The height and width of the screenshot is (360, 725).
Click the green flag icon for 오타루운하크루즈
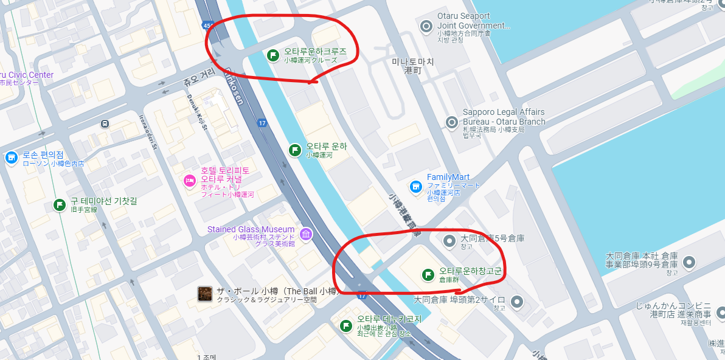click(273, 55)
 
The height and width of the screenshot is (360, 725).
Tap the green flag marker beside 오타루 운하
click(295, 150)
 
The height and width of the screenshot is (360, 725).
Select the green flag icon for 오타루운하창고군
click(428, 274)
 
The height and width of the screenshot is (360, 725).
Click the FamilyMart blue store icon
click(416, 185)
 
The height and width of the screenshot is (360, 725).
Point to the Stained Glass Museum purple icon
click(306, 234)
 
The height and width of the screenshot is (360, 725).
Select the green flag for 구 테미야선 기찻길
click(60, 205)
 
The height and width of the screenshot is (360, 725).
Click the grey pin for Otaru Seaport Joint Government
click(426, 26)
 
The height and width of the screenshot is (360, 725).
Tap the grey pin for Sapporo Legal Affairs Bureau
click(451, 122)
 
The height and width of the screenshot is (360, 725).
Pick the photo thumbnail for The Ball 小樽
click(205, 294)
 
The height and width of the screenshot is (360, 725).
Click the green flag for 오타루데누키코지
click(346, 325)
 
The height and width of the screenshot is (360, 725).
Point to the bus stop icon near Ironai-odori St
click(105, 124)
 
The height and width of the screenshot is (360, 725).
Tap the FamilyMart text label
click(448, 177)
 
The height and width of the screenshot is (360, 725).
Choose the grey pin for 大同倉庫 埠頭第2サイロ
click(516, 301)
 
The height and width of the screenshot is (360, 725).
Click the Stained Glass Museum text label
click(251, 229)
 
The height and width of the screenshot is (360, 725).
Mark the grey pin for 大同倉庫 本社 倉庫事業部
click(689, 262)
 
